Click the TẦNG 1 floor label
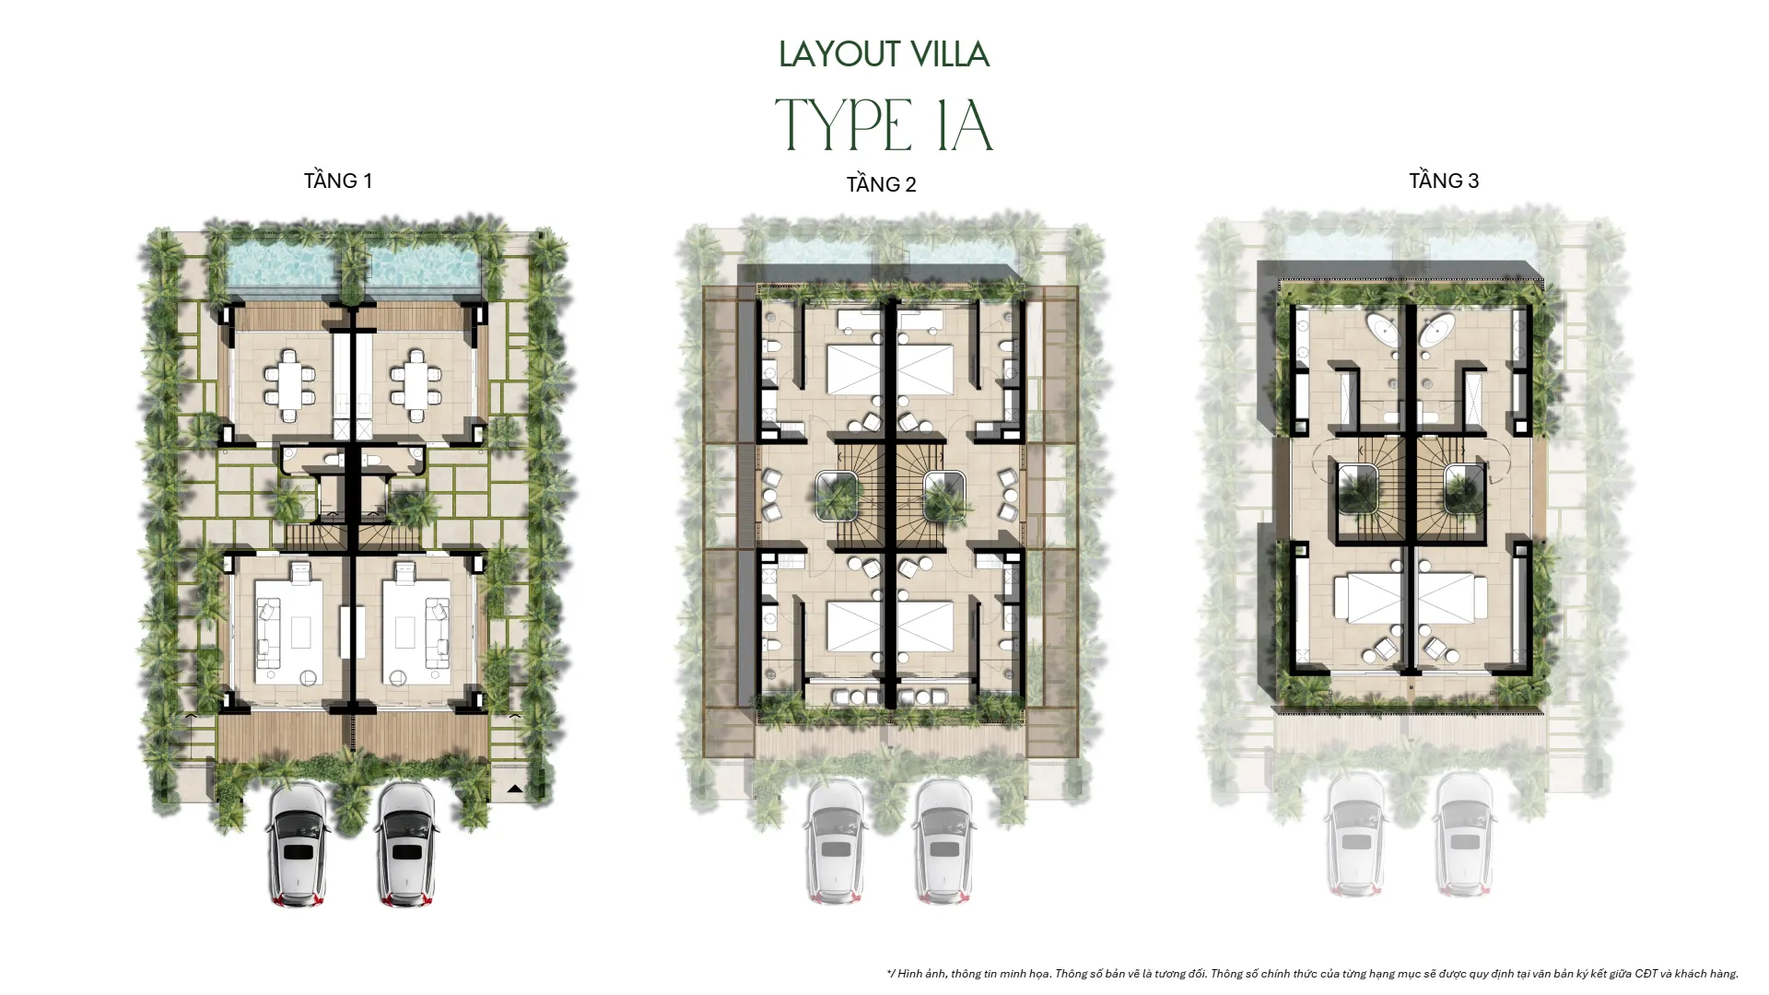coord(338,181)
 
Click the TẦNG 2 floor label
coord(881,184)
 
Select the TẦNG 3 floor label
coord(1443,181)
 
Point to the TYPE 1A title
coord(884,126)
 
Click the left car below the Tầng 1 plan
coord(298,843)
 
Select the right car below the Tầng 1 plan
coord(406,843)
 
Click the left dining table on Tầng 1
coord(289,378)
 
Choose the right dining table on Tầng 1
coord(415,378)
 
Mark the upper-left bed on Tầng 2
coord(853,369)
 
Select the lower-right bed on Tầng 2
coord(925,626)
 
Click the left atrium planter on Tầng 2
coord(838,496)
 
